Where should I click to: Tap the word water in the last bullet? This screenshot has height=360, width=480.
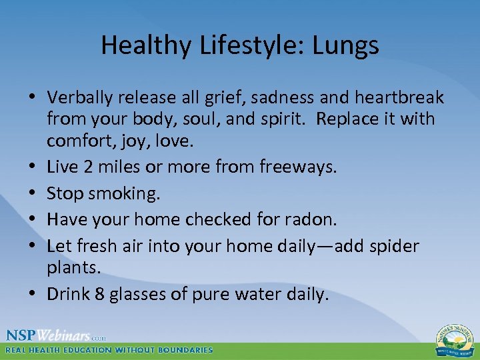click(267, 294)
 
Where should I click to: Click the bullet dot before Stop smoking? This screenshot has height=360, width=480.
click(33, 193)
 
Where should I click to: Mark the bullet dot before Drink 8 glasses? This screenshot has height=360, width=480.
click(33, 295)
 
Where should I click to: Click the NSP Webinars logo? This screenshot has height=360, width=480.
click(56, 335)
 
